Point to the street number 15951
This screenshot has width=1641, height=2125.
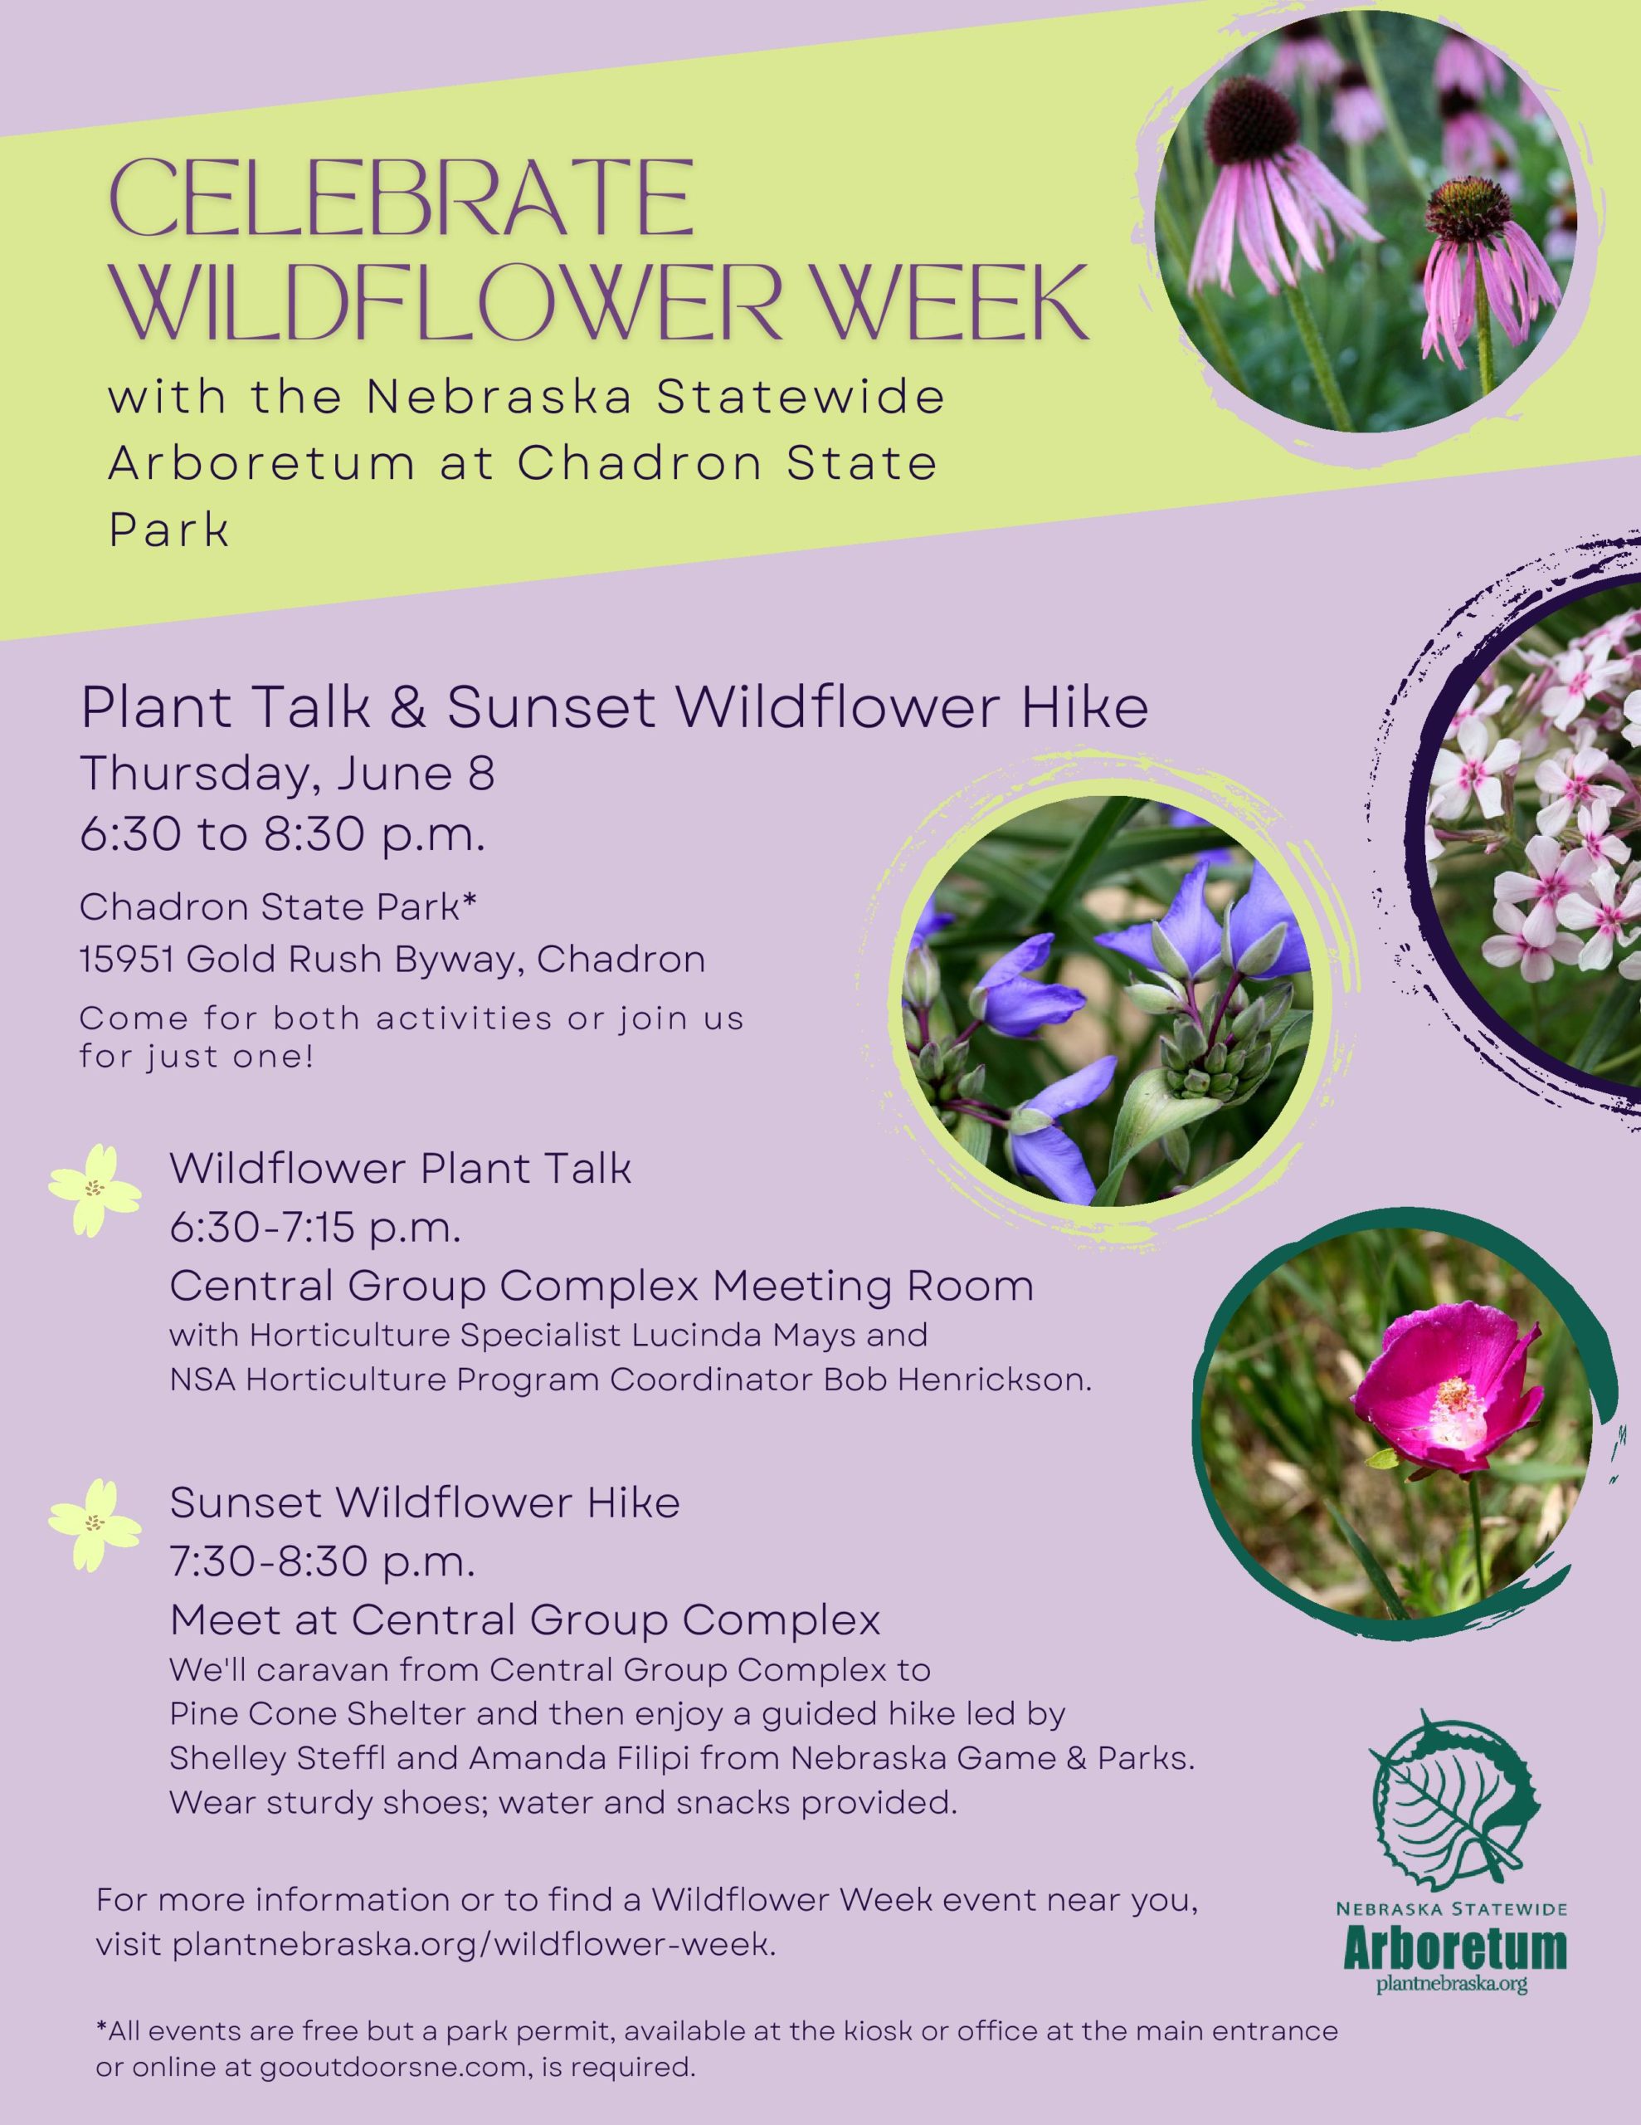(x=128, y=960)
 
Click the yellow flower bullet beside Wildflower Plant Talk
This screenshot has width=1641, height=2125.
(x=95, y=1189)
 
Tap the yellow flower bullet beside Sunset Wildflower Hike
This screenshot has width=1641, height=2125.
(x=95, y=1524)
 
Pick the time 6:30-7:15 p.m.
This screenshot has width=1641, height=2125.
(x=315, y=1229)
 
